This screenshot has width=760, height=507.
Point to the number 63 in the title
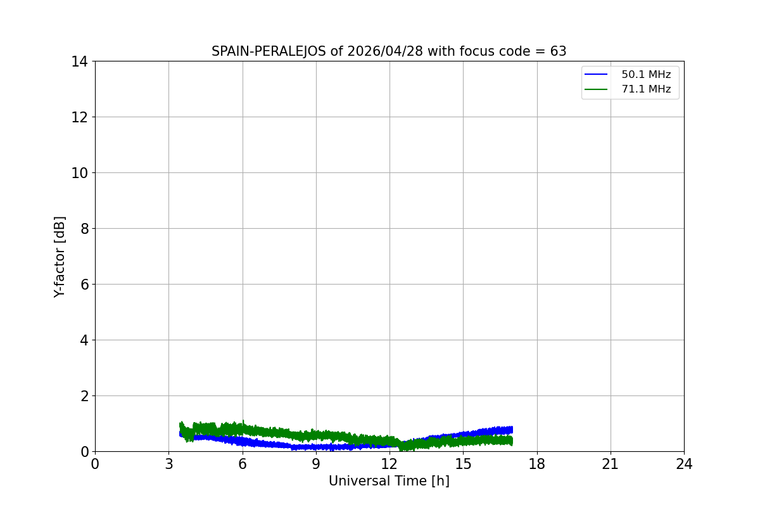pyautogui.click(x=558, y=51)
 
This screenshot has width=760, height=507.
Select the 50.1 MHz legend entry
pyautogui.click(x=645, y=75)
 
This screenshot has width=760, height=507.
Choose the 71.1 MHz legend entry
pyautogui.click(x=645, y=89)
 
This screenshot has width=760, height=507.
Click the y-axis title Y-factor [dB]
pyautogui.click(x=60, y=257)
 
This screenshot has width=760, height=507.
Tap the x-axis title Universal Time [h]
pyautogui.click(x=389, y=481)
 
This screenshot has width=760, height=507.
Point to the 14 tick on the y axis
pyautogui.click(x=79, y=61)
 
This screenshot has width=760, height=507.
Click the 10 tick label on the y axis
pyautogui.click(x=79, y=173)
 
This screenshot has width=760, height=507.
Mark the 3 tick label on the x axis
pyautogui.click(x=168, y=464)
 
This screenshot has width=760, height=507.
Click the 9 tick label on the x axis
pyautogui.click(x=316, y=464)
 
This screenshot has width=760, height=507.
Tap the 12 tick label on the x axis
pyautogui.click(x=389, y=464)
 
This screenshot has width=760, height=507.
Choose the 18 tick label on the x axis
pyautogui.click(x=537, y=464)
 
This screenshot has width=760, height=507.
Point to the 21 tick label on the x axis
pyautogui.click(x=611, y=464)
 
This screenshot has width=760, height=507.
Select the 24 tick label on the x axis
pyautogui.click(x=684, y=464)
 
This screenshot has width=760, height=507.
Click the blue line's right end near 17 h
pyautogui.click(x=511, y=430)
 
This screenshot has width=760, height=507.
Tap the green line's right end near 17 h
pyautogui.click(x=511, y=440)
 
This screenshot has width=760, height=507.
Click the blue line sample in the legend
pyautogui.click(x=596, y=75)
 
